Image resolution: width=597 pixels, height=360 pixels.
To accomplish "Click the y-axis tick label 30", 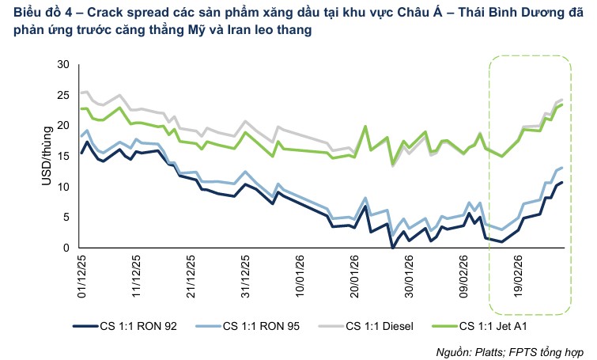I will tap(64, 65).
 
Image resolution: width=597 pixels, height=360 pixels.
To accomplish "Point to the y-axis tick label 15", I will tap(64, 157).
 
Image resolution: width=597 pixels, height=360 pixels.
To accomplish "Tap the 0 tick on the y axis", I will tap(67, 248).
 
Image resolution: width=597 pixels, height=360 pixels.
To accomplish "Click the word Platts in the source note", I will tap(494, 351).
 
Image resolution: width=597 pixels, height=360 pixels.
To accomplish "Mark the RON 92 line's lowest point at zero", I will tap(393, 248).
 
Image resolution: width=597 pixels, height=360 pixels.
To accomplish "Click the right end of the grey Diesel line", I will tap(561, 100).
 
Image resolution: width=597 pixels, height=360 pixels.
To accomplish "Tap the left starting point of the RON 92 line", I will tap(81, 153).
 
